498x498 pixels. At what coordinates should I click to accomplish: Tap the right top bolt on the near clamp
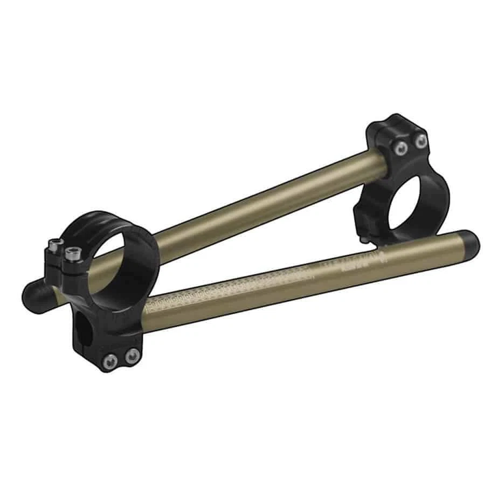[71, 251]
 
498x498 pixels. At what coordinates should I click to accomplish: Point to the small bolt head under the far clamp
[366, 238]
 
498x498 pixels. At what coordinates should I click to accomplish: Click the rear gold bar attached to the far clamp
[269, 199]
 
